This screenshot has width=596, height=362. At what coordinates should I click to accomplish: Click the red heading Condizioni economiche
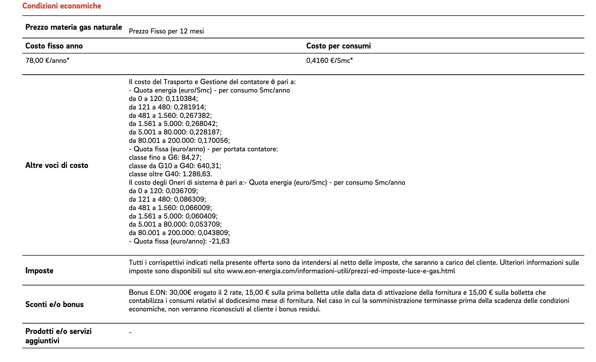pos(62,6)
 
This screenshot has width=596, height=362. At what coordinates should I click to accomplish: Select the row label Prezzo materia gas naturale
pos(74,27)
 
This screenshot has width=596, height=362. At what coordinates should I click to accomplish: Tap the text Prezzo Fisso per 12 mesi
pos(166,31)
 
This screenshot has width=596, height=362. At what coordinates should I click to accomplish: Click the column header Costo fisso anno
pos(54,46)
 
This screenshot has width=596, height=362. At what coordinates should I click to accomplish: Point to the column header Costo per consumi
pos(338,46)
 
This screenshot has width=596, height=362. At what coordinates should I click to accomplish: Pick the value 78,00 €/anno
pos(47,61)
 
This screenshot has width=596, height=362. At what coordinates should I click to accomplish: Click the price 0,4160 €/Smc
pos(329,61)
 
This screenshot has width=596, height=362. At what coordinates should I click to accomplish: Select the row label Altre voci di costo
pos(57,165)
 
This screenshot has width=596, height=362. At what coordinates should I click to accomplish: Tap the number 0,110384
pos(181,99)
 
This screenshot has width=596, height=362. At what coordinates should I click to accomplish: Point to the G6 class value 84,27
pos(191,158)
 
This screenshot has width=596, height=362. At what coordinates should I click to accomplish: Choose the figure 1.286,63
pos(197,174)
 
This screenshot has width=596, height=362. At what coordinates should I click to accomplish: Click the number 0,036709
pos(181,191)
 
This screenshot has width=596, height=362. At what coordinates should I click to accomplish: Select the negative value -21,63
pos(219,241)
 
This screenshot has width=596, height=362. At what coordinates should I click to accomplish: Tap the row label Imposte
pos(39,271)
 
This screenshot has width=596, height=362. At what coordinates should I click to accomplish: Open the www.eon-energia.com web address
pos(341,271)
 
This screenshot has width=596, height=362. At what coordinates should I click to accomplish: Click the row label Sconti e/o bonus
pos(54,304)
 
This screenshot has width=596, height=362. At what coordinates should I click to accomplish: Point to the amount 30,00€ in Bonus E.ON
pos(180,293)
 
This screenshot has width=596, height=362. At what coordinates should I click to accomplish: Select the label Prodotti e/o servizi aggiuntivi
pos(58,336)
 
